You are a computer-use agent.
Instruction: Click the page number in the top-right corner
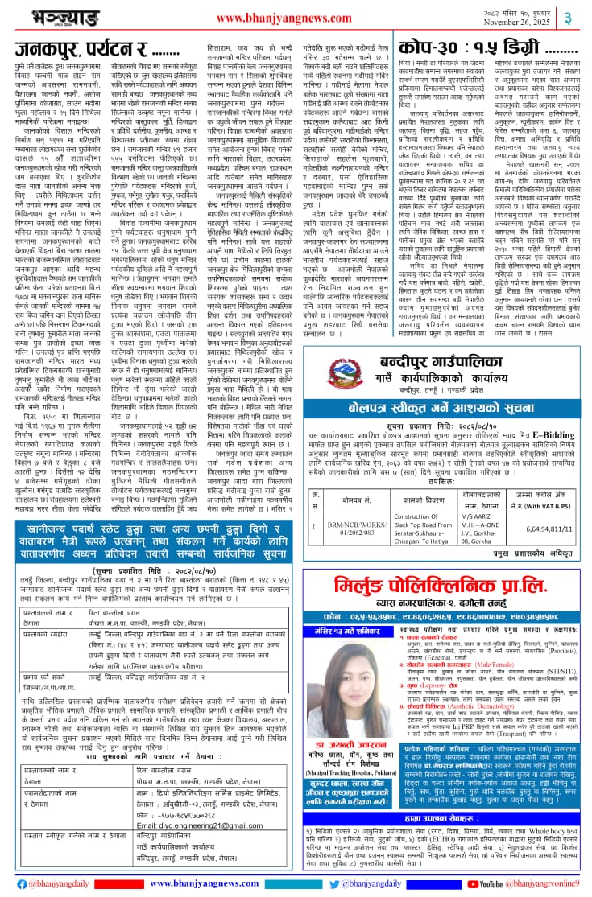pyautogui.click(x=578, y=17)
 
